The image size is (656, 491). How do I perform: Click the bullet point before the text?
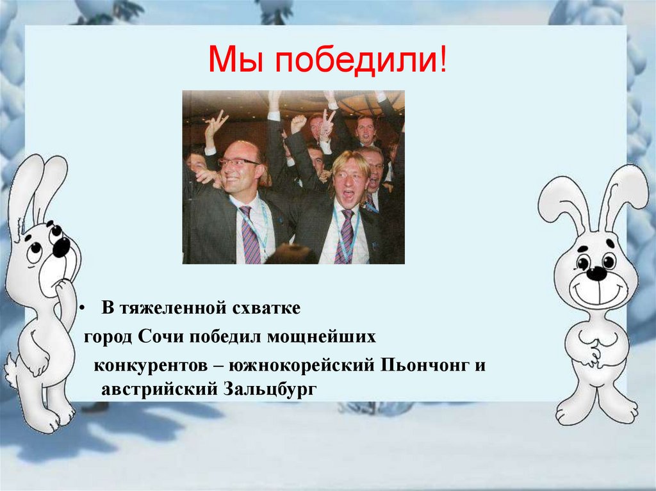tap(82, 309)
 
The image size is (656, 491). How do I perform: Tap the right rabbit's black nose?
tap(596, 273)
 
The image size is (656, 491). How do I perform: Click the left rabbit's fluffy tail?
tap(11, 367)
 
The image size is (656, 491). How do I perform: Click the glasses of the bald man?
tap(238, 163)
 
